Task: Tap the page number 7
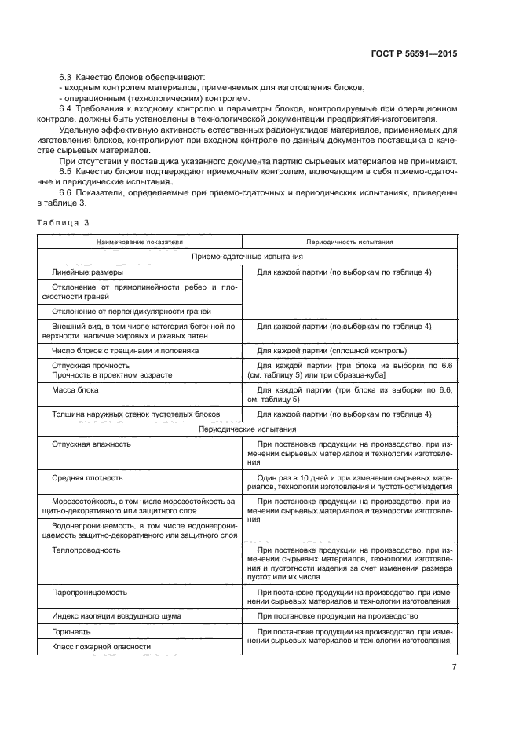pos(454,667)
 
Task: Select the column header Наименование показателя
pos(140,243)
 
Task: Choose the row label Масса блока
pos(75,389)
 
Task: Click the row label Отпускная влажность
pos(91,444)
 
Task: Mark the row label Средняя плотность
pos(87,477)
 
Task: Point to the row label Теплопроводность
pos(86,550)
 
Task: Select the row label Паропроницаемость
pos(89,592)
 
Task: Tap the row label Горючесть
pos(71,631)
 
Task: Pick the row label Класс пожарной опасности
pos(101,646)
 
